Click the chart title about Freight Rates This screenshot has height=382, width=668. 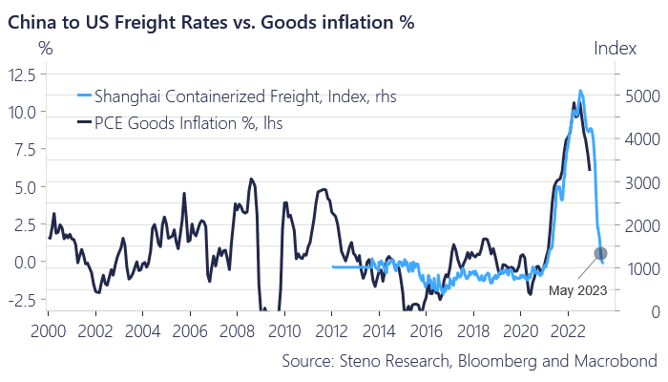click(211, 19)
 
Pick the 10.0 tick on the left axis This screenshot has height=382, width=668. click(22, 112)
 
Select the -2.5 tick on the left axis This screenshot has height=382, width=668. click(22, 299)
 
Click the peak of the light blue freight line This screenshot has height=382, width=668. click(580, 92)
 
